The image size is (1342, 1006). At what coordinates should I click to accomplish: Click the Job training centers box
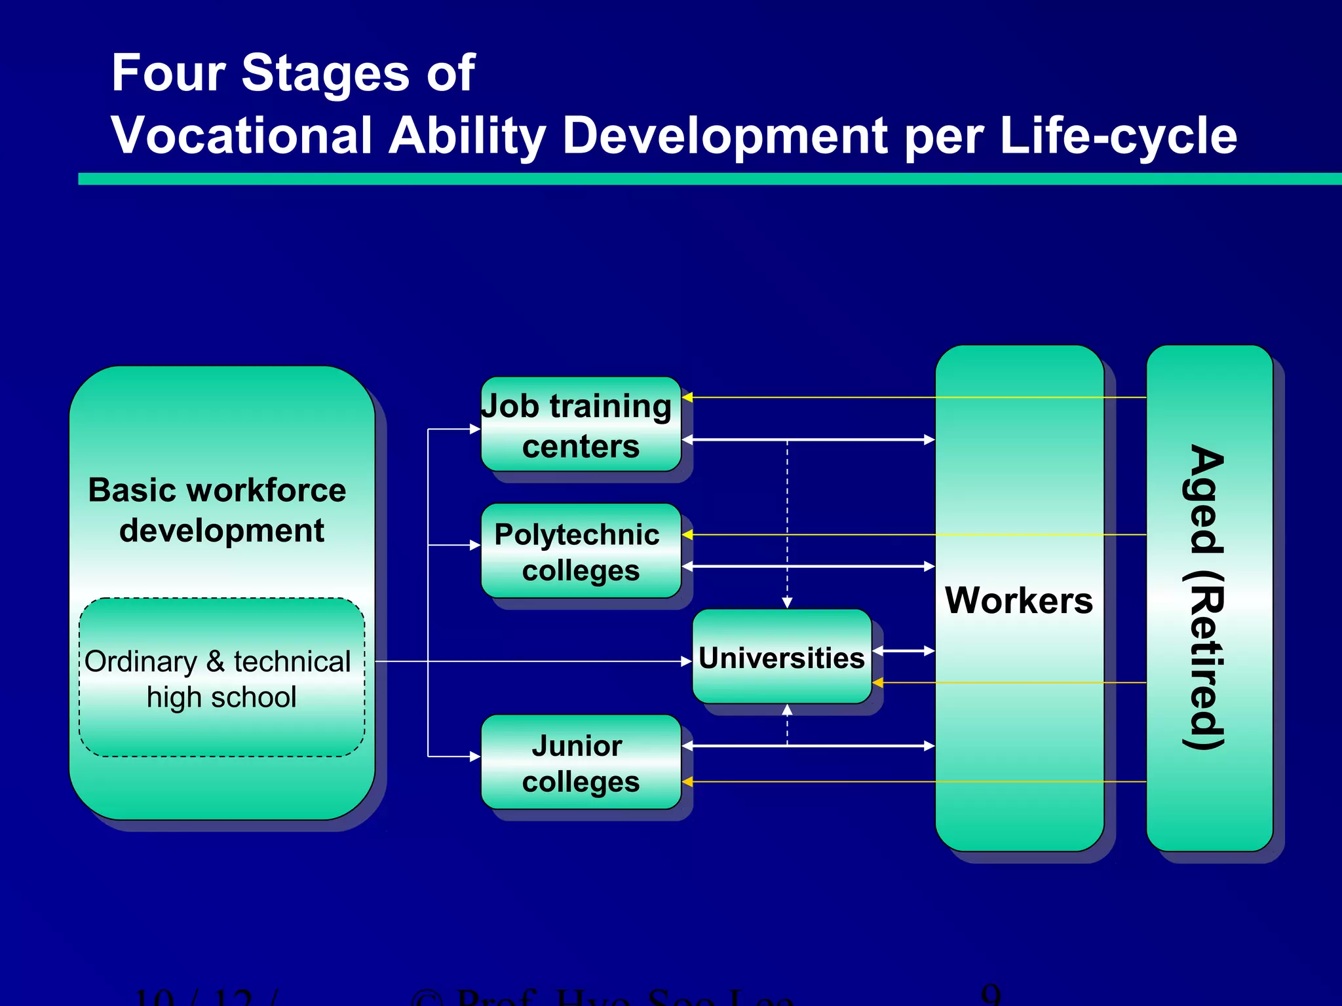(x=581, y=424)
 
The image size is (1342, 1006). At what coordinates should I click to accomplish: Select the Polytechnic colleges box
(x=581, y=551)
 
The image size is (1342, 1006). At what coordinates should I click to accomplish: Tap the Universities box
(x=781, y=657)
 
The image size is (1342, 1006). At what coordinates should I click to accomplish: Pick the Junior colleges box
(x=581, y=762)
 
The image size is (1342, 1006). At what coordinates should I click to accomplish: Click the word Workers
(x=1018, y=600)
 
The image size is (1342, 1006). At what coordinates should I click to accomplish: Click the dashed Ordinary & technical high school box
(x=221, y=679)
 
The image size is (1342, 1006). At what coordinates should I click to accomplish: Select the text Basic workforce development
(x=217, y=510)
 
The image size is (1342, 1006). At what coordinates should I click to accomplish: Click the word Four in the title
(x=168, y=73)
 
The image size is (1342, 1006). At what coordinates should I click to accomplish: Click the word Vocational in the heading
(x=242, y=136)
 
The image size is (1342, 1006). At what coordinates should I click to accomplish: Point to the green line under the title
(x=708, y=179)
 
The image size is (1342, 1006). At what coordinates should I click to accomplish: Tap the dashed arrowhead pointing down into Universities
(x=787, y=603)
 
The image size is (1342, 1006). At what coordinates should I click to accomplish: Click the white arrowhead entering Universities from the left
(x=687, y=661)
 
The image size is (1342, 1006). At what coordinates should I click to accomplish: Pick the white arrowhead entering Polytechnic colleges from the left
(x=476, y=545)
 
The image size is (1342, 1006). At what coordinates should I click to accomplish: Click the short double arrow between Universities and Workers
(x=903, y=650)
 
